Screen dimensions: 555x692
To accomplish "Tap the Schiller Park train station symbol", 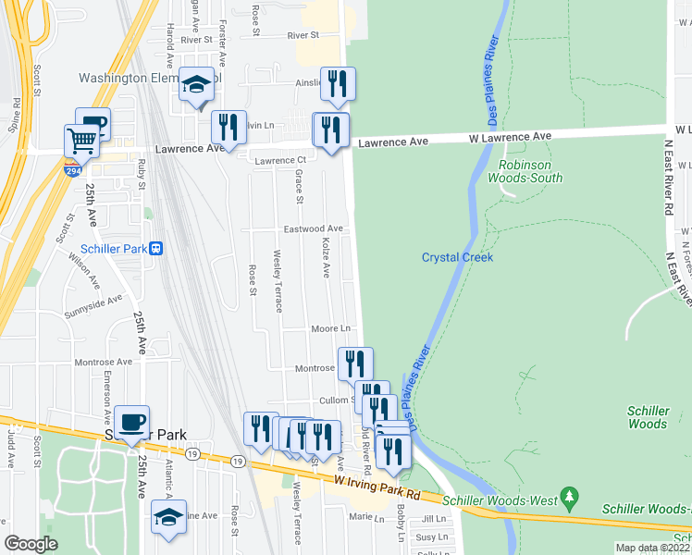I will (156, 248).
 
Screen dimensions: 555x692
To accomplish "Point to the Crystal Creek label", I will (457, 257).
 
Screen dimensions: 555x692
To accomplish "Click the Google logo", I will (31, 544).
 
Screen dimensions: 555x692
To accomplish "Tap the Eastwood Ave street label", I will (314, 228).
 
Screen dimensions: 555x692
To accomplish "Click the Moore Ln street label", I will (331, 328).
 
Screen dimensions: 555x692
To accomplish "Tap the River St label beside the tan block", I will (303, 35).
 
